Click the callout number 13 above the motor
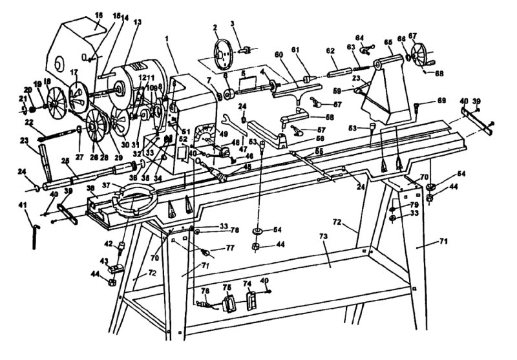[x=137, y=22]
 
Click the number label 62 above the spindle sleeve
[x=330, y=50]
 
